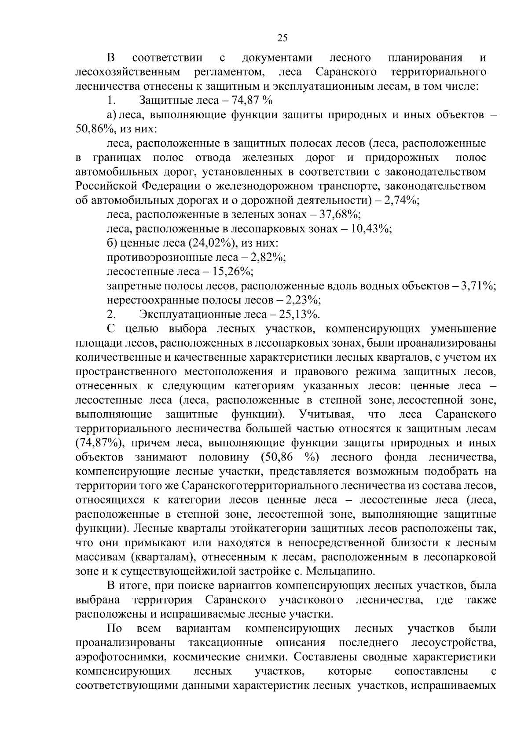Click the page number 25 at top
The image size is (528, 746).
point(282,38)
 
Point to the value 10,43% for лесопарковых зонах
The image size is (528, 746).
point(372,229)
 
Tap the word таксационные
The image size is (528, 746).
point(226,643)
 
